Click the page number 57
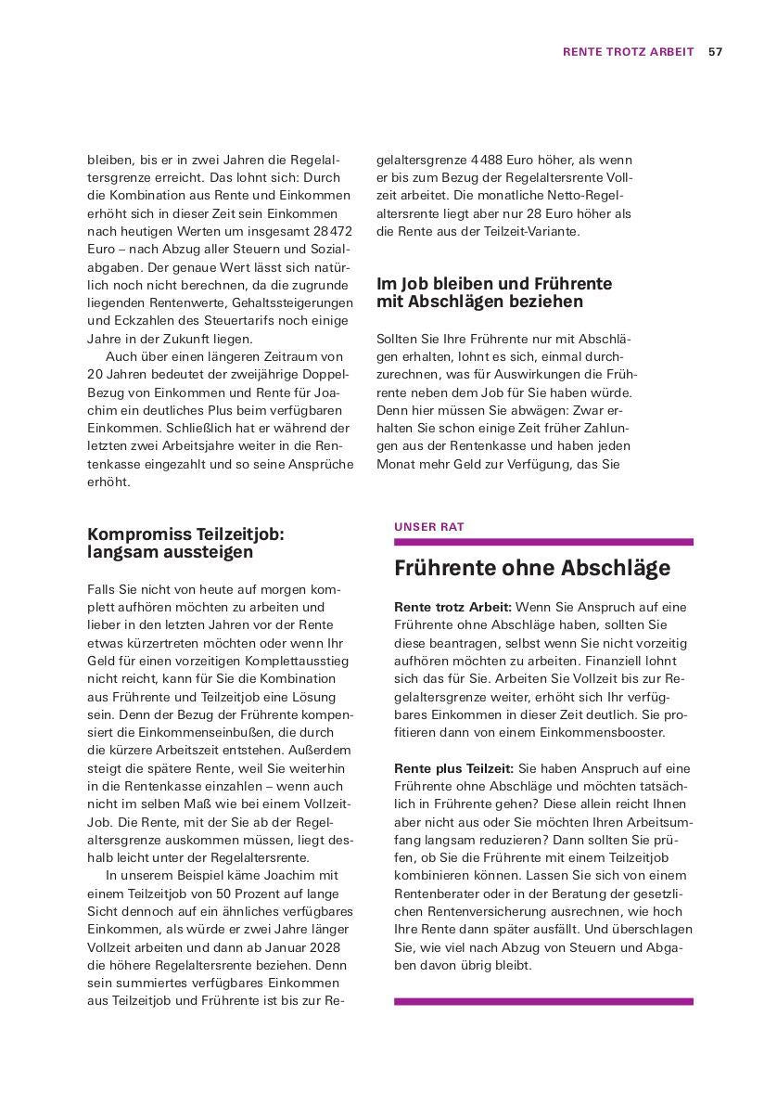pyautogui.click(x=715, y=52)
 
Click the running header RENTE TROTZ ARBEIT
pyautogui.click(x=628, y=52)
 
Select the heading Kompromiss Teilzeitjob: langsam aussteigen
pyautogui.click(x=185, y=543)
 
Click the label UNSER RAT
pyautogui.click(x=428, y=526)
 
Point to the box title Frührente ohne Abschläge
pyautogui.click(x=531, y=568)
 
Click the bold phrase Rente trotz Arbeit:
pyautogui.click(x=452, y=607)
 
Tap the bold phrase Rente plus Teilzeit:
pyautogui.click(x=453, y=768)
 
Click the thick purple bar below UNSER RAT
pyautogui.click(x=542, y=542)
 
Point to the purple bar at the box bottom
pyautogui.click(x=542, y=1002)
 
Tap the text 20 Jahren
pyautogui.click(x=117, y=374)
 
